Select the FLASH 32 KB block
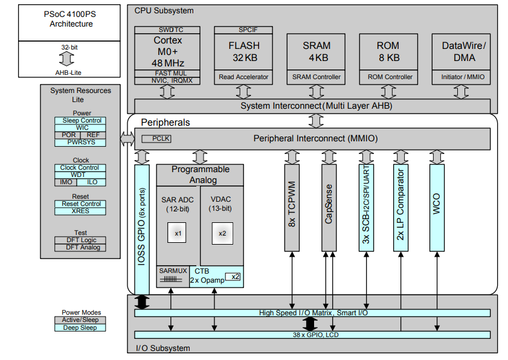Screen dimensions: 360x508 coord(243,52)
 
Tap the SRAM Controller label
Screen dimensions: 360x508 coord(316,77)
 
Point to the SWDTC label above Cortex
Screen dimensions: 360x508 coord(167,30)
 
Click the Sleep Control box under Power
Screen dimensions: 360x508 coord(82,121)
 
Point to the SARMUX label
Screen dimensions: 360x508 coord(173,271)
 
